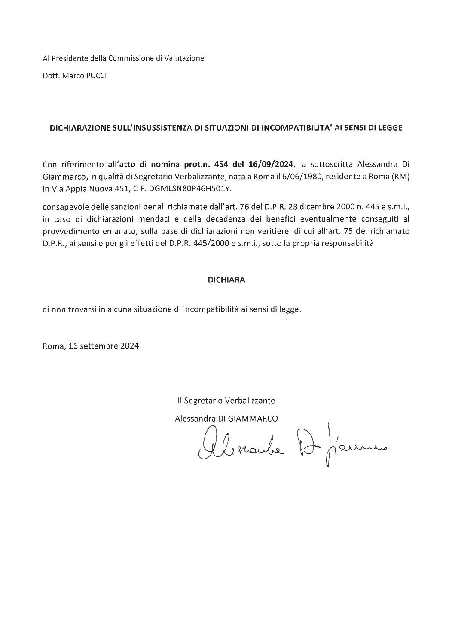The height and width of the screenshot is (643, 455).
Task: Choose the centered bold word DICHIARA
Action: (226, 280)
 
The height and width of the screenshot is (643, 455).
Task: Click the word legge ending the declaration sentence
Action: (291, 309)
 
